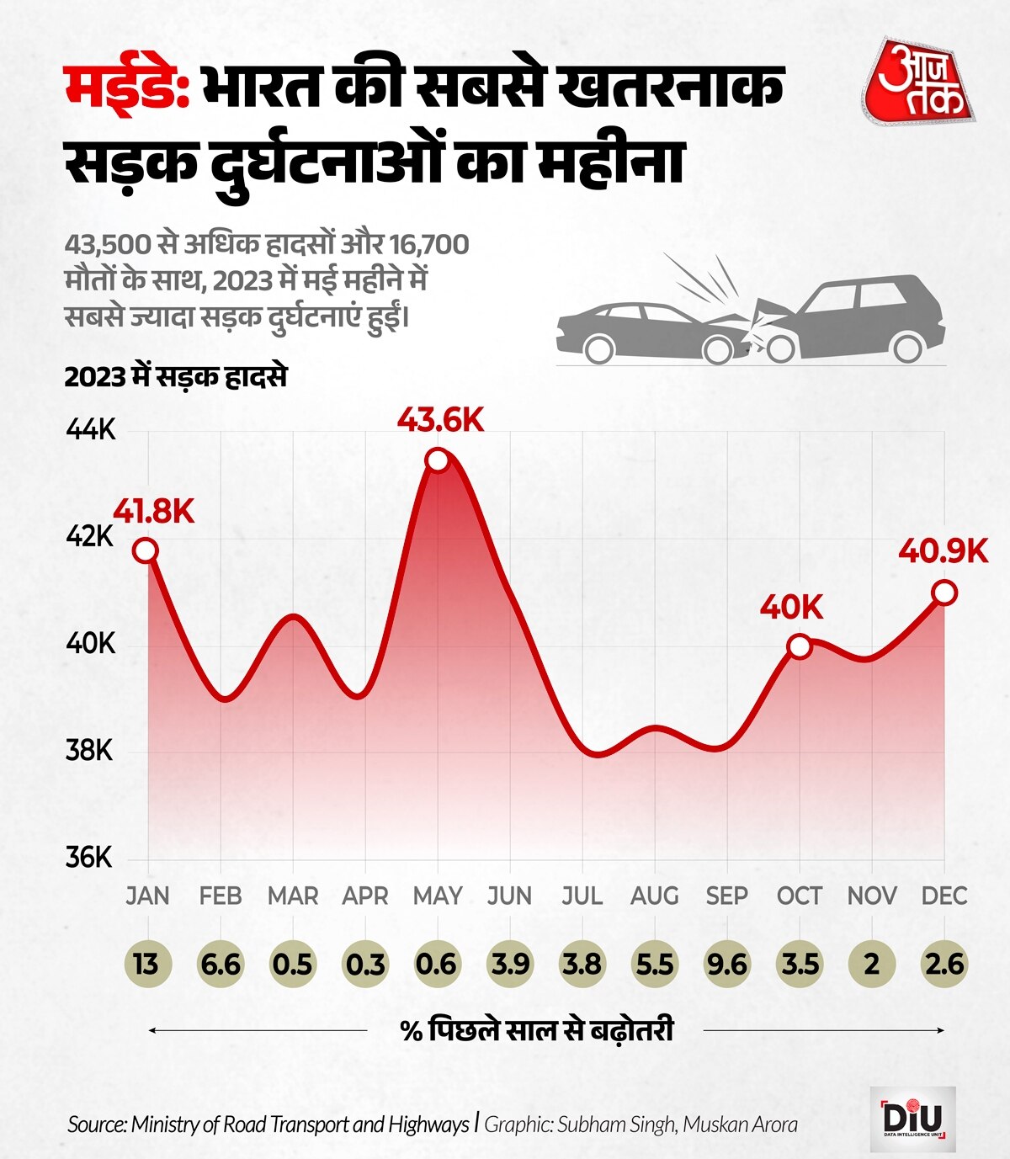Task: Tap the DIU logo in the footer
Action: tap(912, 1119)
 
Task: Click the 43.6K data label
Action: tap(441, 419)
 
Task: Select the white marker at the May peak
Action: tap(437, 460)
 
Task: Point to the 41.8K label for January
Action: tap(154, 511)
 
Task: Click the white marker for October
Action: tap(799, 646)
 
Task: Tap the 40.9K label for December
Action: tap(943, 551)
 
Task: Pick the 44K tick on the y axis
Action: tap(90, 430)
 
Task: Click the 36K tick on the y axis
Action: tap(89, 858)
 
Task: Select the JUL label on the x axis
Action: tap(582, 896)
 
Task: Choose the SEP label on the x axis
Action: tap(726, 896)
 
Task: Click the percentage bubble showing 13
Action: tap(146, 963)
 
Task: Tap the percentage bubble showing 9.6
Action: tap(726, 963)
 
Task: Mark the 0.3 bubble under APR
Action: tap(365, 963)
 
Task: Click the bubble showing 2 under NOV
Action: tap(872, 963)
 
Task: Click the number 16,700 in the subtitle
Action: tap(428, 245)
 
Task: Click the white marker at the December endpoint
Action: tap(944, 593)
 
